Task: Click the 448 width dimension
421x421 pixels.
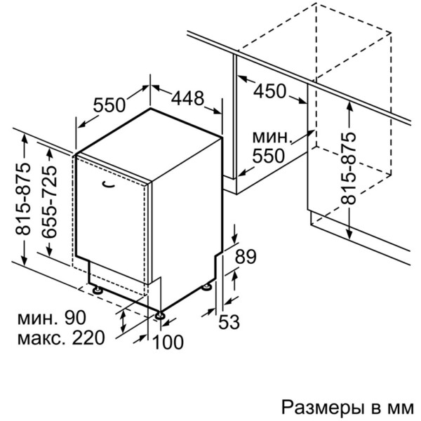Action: click(x=187, y=98)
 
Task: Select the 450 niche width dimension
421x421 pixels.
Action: click(x=270, y=91)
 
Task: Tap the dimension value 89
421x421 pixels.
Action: click(x=246, y=256)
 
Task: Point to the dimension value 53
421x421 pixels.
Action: click(x=229, y=322)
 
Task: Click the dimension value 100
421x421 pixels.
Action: click(x=168, y=342)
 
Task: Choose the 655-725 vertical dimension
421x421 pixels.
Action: click(x=49, y=201)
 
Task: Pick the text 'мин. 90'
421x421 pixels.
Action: click(x=51, y=317)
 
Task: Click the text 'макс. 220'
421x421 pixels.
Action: click(x=61, y=338)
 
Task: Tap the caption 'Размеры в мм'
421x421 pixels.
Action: click(x=348, y=407)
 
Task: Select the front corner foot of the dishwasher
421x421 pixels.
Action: click(x=160, y=315)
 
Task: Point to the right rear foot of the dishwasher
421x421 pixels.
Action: click(x=207, y=287)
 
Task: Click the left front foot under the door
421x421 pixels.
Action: click(x=97, y=290)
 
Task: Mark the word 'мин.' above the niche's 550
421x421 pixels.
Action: click(x=272, y=138)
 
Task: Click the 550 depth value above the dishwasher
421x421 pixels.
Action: click(x=109, y=105)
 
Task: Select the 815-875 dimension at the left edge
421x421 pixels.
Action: click(x=22, y=199)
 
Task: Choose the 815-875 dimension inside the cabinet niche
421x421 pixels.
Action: click(x=348, y=168)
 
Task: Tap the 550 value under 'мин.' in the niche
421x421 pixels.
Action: click(x=268, y=156)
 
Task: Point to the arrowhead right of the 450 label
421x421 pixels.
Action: click(x=302, y=100)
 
